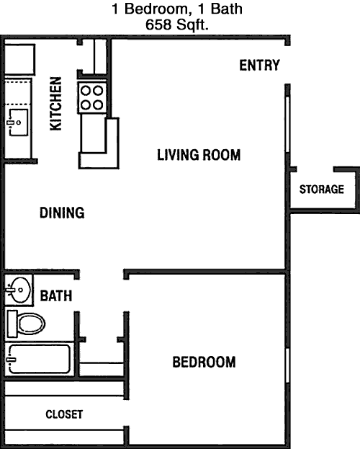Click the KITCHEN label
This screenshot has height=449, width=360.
coord(55,104)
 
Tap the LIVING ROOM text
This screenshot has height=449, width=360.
coord(199,155)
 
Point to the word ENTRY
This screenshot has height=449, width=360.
coord(259,66)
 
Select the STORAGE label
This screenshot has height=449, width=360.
coord(322,190)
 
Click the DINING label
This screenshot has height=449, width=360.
coord(62,213)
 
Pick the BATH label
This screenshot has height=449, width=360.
coord(56,295)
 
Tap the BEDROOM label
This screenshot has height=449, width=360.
coord(204,362)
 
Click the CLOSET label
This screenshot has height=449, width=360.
coord(64,414)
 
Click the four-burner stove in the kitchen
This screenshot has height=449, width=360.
coord(92,98)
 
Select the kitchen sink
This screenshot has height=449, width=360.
coord(18,123)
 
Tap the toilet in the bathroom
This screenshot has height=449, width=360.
coord(26,324)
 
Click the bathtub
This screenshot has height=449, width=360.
coord(39,359)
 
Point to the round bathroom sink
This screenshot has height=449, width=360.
coord(18,290)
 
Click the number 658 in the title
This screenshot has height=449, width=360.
coord(158,25)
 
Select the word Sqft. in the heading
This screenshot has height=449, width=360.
coord(192,25)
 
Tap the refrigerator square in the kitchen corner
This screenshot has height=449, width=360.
coord(19,60)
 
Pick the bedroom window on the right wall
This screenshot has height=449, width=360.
coord(287,365)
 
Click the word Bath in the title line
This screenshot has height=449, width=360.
coord(227,9)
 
